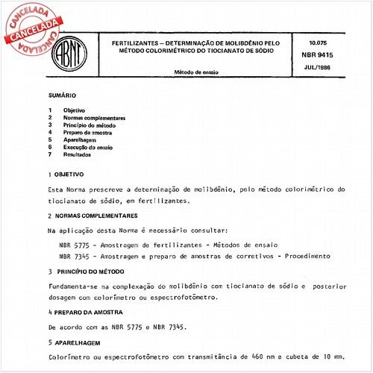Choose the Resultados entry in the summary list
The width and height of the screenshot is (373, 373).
pos(78,154)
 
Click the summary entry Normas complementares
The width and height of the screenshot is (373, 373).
pos(94,118)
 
